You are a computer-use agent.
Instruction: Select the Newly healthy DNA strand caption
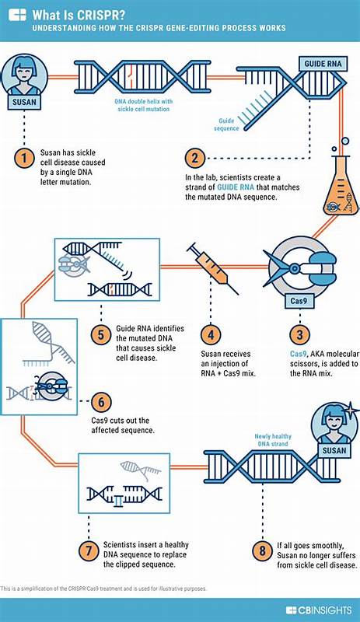272,440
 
